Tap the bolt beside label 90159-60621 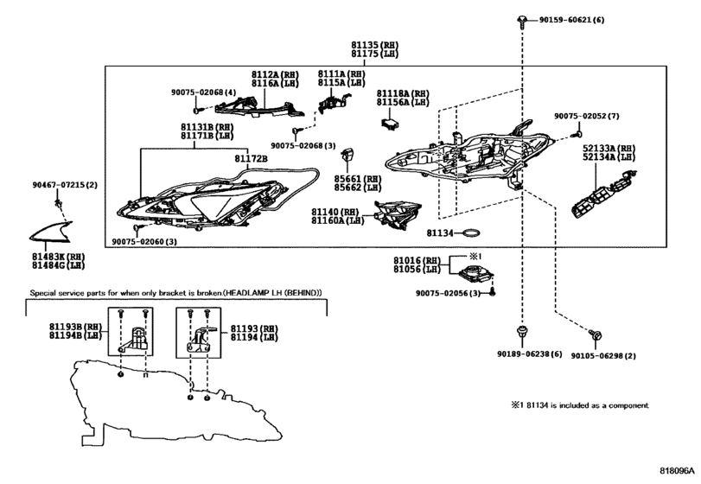coord(522,22)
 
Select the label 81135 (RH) coord(374,45)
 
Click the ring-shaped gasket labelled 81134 coord(471,232)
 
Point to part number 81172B coord(251,159)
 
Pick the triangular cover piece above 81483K coord(51,232)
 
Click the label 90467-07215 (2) coord(64,185)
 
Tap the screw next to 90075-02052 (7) coord(578,134)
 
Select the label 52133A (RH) coord(609,149)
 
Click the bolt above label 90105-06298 coord(595,335)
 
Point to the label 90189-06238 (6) coord(529,354)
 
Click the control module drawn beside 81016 coord(476,272)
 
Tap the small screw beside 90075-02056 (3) coord(493,293)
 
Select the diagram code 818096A coord(677,471)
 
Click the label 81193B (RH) coord(75,327)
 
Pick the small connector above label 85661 coord(347,155)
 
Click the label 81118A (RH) coord(403,94)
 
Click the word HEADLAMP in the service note coord(243,293)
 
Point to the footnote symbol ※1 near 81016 coord(474,256)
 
